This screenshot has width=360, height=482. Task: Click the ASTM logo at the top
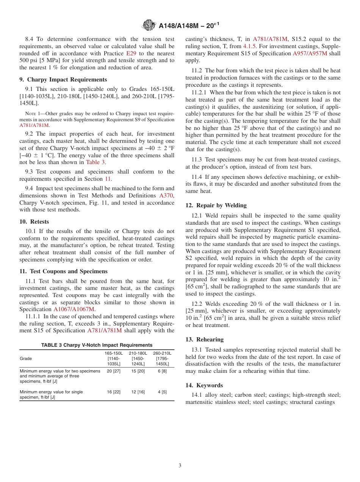click(x=149, y=25)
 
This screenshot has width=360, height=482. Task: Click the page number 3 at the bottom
click(x=180, y=465)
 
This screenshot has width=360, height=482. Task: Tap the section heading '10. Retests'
click(x=34, y=222)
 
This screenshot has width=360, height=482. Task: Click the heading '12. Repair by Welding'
click(x=216, y=205)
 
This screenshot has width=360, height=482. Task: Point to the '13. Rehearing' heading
click(x=204, y=340)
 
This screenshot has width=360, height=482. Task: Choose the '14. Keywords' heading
click(x=204, y=385)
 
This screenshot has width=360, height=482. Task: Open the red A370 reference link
click(x=166, y=196)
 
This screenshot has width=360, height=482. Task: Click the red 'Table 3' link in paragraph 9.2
click(x=93, y=162)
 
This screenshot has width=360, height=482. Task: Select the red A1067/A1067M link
click(x=74, y=309)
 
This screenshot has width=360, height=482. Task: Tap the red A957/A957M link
click(x=310, y=53)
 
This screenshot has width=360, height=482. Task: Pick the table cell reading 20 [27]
click(x=113, y=371)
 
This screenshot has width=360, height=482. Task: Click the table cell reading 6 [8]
click(x=162, y=371)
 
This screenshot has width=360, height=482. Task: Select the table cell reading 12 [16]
click(x=138, y=392)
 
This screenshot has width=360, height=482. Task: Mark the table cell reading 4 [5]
click(x=162, y=392)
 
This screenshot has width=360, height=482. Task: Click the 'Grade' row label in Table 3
click(x=26, y=358)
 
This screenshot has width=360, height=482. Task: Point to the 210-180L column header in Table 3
click(x=138, y=358)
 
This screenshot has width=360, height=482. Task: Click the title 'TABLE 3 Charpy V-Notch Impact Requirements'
click(x=97, y=345)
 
